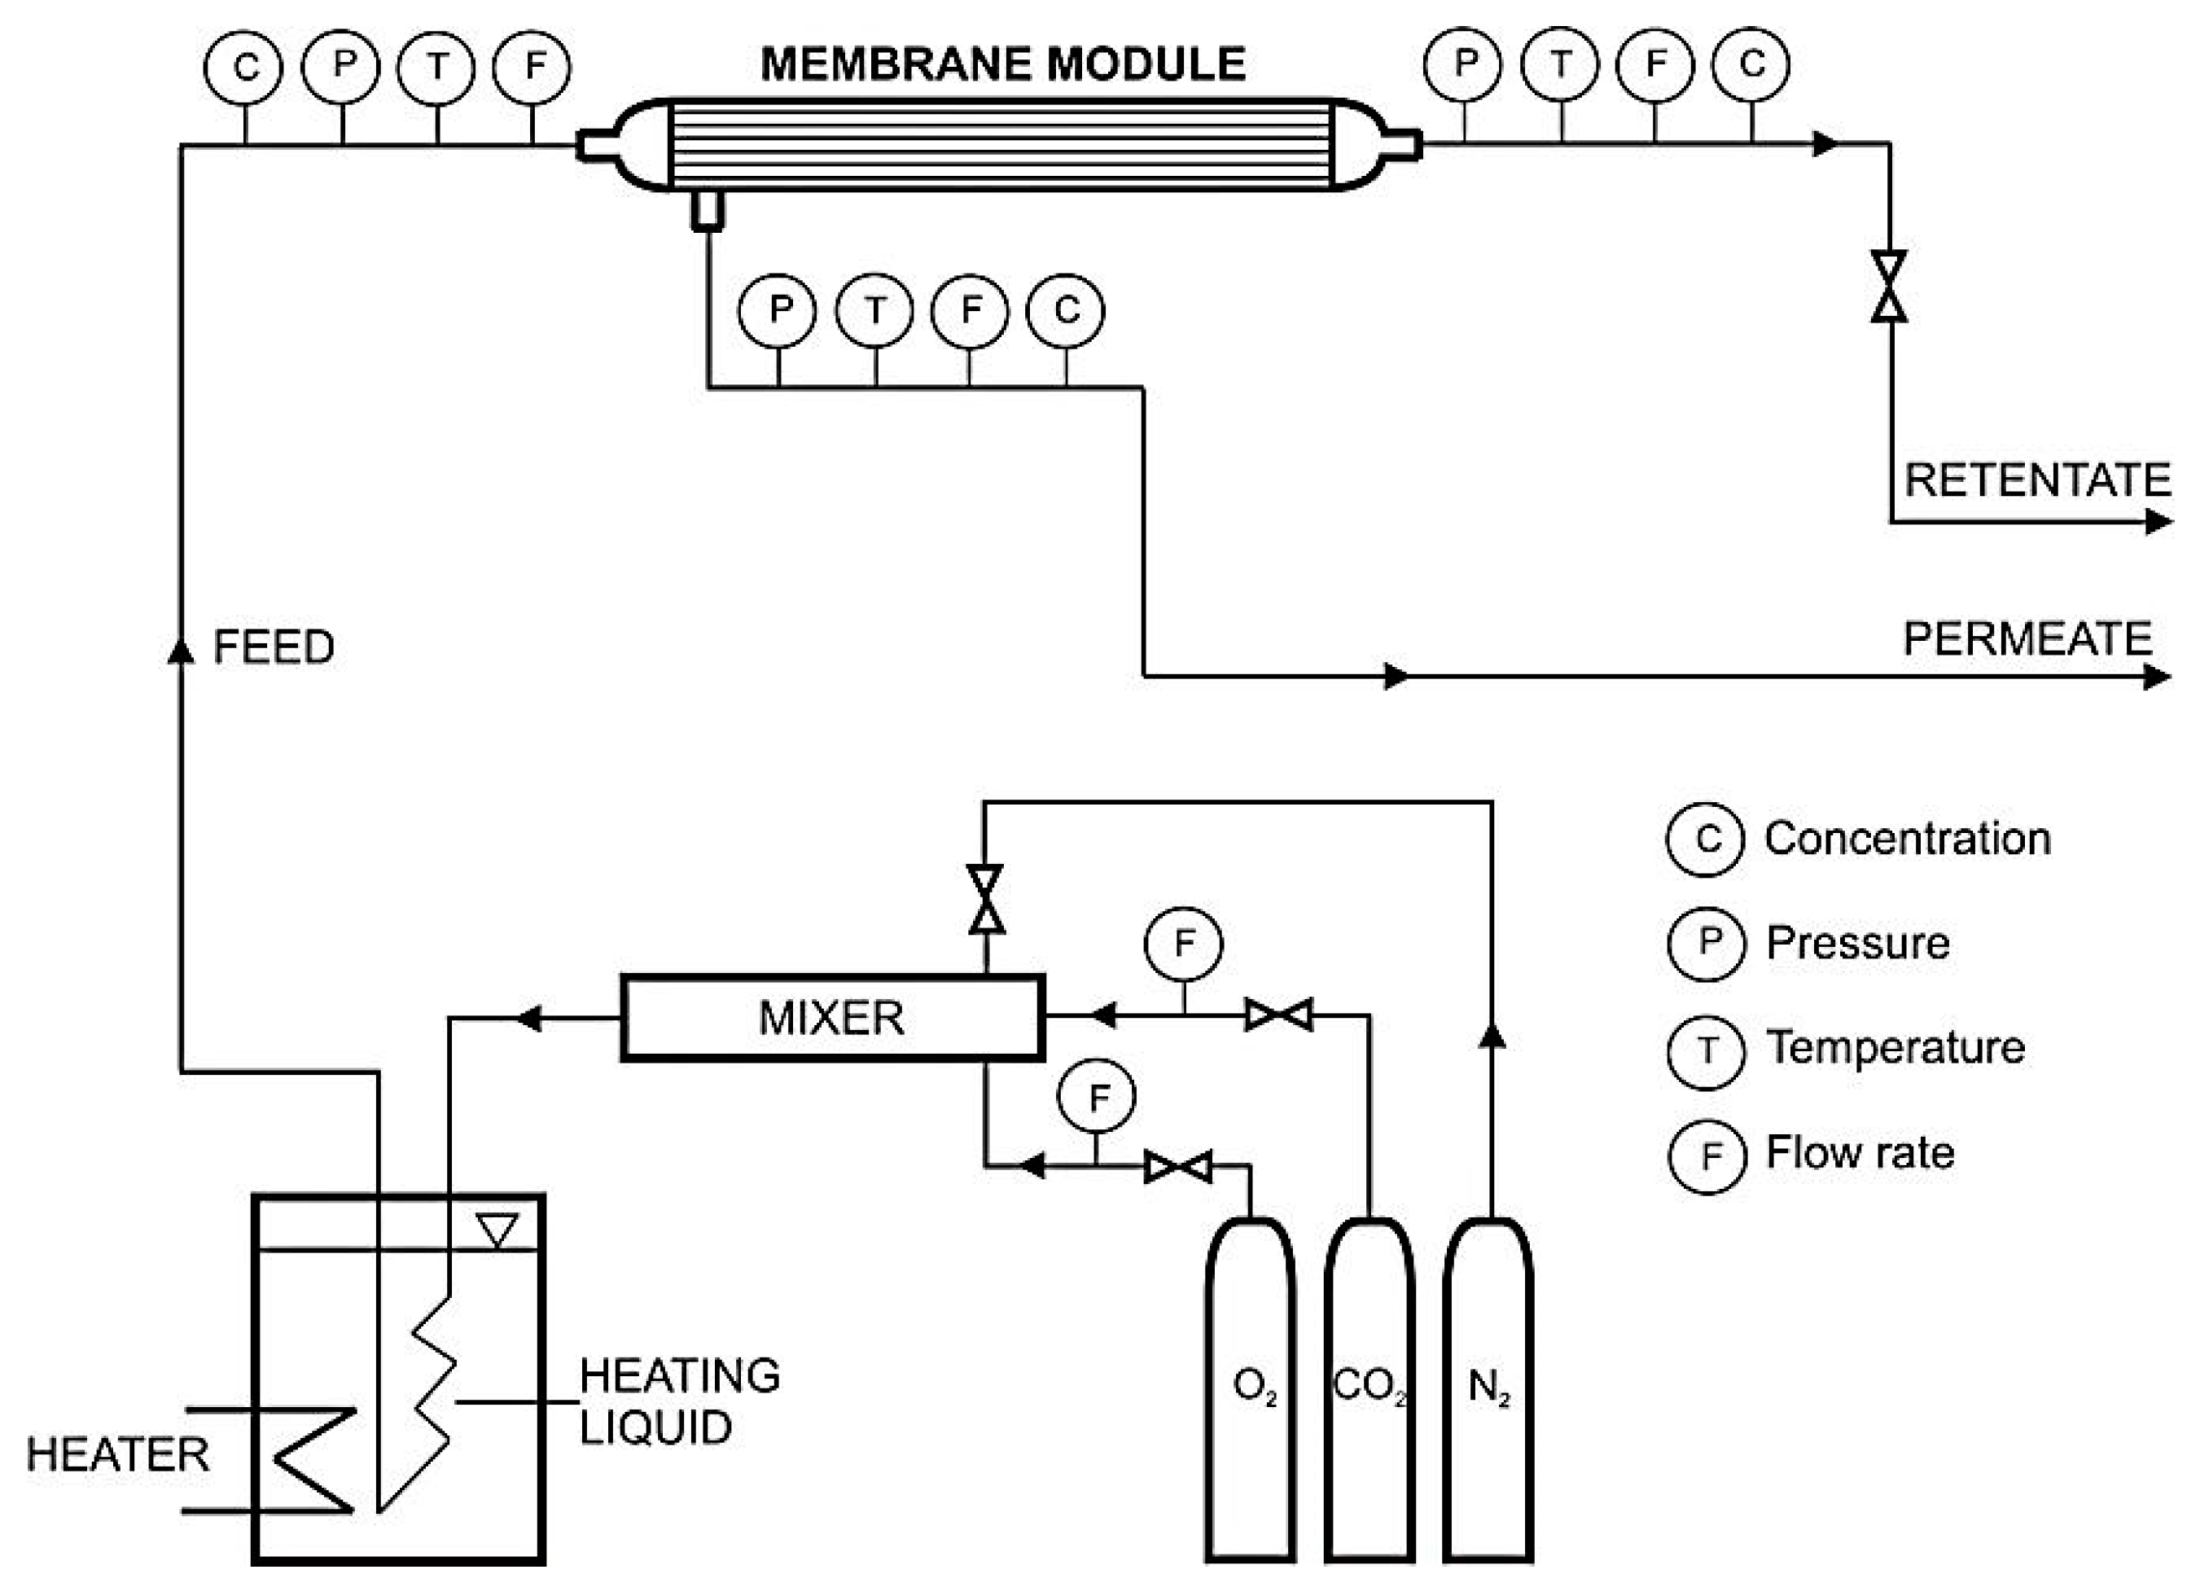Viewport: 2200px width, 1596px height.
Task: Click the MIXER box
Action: [x=831, y=1018]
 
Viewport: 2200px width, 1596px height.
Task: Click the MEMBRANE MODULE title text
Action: [x=1002, y=64]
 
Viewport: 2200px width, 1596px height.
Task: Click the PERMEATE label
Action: [x=2027, y=639]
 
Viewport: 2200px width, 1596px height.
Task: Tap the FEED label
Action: [x=274, y=647]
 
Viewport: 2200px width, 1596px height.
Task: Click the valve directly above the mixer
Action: [x=985, y=900]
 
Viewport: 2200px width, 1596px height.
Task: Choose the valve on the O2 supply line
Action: [x=1177, y=1166]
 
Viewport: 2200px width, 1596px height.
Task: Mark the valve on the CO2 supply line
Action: [x=1278, y=1015]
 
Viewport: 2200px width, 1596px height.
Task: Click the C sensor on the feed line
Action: [x=244, y=67]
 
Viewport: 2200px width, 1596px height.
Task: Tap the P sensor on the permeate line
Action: [x=778, y=310]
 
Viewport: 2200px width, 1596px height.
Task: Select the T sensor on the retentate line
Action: [x=1560, y=65]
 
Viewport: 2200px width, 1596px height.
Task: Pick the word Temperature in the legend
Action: [x=1895, y=1048]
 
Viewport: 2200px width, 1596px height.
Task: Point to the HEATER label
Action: [x=117, y=1455]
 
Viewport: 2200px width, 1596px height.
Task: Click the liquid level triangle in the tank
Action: [x=497, y=1230]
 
